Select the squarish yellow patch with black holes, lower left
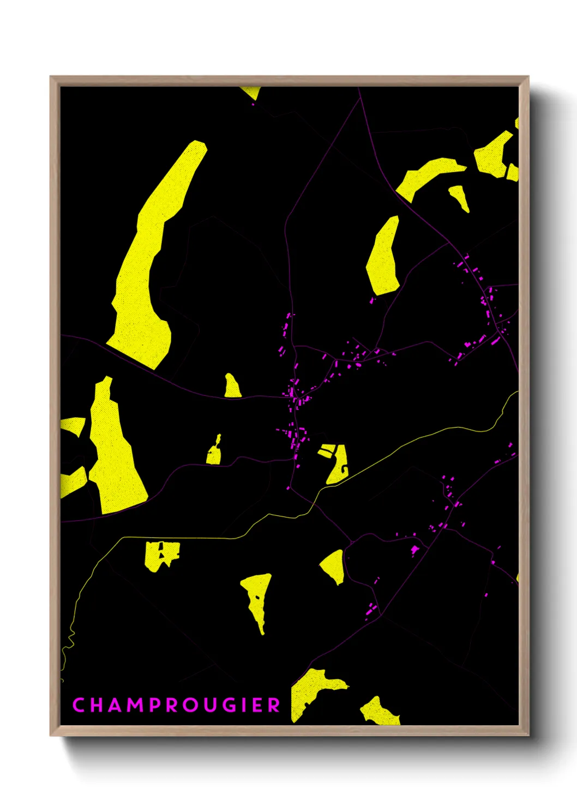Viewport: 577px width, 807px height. coord(161,556)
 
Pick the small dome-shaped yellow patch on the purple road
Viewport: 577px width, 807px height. coord(232,387)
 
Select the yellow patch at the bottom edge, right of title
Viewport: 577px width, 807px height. coord(379,713)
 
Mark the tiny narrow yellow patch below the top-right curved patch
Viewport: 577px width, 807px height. coord(459,197)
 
